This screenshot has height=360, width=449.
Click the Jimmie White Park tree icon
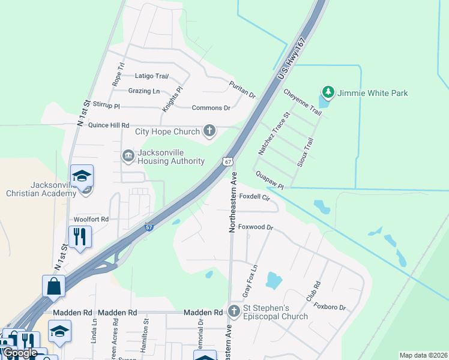coord(328,92)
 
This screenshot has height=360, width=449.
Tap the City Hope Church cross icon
coord(209,131)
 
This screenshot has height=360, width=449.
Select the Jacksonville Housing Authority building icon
coord(128,156)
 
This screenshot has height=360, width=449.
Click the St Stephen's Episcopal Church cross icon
coord(234,311)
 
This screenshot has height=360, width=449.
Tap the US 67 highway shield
coord(227,162)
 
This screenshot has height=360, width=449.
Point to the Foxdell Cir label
coord(255,197)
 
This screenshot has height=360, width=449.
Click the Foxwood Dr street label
coord(256,227)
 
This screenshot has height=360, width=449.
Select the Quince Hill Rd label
coord(109,125)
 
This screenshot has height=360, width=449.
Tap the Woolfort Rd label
coord(91,220)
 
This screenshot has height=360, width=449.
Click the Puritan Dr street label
coord(243,90)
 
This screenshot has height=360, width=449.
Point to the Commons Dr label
coord(211,108)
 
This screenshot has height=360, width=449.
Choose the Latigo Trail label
coord(152,76)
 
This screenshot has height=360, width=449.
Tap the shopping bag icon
coord(53,287)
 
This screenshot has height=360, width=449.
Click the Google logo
coord(20,353)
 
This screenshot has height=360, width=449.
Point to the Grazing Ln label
coord(144,91)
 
